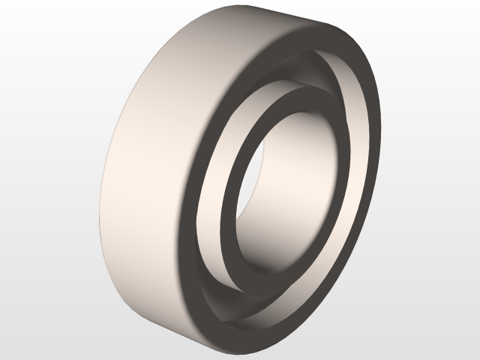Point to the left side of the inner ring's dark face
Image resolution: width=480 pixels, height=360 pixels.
click(227, 210)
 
